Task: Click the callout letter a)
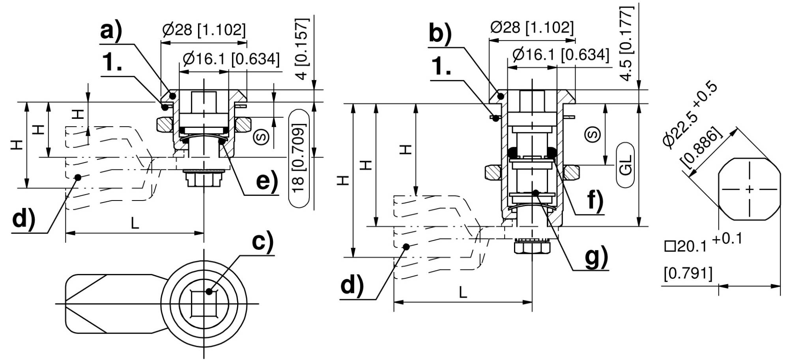111,31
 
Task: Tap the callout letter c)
262,242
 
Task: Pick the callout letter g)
596,257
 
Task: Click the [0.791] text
688,274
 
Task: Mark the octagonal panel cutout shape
750,189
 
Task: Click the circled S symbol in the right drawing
594,134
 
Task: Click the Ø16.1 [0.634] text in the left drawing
231,59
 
